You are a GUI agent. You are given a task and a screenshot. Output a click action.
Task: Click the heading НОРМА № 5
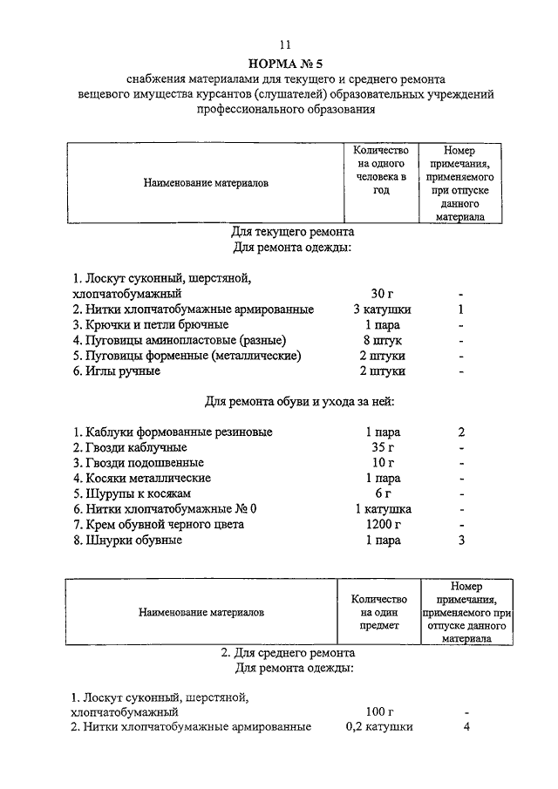(285, 63)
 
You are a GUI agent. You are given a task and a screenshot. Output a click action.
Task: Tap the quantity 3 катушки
(382, 309)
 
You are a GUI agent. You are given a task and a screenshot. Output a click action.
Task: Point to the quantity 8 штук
(383, 340)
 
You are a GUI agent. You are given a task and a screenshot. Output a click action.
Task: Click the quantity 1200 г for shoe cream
(383, 525)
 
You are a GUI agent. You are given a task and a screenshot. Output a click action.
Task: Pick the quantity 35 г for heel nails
(383, 447)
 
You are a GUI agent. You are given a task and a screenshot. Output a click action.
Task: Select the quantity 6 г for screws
(384, 493)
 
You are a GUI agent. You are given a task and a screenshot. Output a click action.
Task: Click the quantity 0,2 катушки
(379, 727)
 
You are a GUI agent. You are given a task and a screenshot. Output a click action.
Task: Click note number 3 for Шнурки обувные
(461, 541)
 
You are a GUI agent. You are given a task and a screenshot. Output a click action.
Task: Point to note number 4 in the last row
(466, 727)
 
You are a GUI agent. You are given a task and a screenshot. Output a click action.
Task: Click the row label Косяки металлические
(142, 479)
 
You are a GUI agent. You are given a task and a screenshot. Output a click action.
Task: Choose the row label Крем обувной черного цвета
(159, 525)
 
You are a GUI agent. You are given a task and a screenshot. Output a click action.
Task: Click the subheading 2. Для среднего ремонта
(287, 651)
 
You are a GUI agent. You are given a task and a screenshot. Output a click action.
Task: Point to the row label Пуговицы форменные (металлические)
(187, 356)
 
